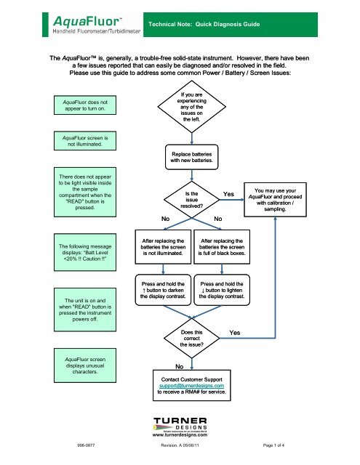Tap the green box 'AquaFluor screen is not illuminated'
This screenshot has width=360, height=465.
(x=76, y=139)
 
